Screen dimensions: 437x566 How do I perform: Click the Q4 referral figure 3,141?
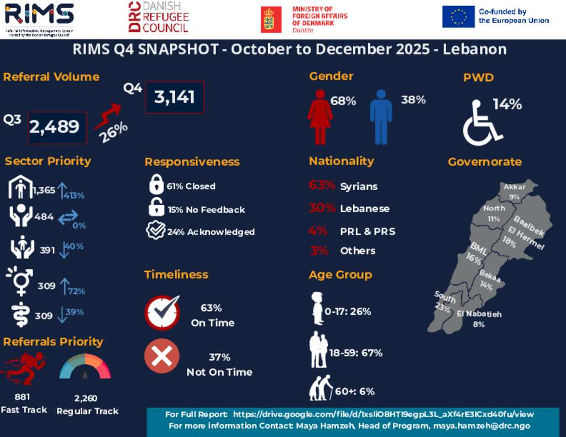click(175, 98)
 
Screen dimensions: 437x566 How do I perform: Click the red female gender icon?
click(319, 117)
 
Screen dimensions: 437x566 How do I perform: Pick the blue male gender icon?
click(381, 117)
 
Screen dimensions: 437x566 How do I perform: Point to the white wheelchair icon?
click(481, 123)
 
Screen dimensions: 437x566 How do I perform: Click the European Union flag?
click(458, 17)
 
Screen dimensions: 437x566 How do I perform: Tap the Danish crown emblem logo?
click(269, 19)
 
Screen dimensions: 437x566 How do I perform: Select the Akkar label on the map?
click(515, 187)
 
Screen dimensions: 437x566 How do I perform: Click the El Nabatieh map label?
click(479, 314)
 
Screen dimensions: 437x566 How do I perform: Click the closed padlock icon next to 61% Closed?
click(156, 185)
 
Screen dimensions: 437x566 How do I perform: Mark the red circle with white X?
click(161, 356)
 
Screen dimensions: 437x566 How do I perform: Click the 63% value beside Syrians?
click(322, 186)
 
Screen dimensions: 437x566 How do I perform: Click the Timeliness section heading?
click(176, 275)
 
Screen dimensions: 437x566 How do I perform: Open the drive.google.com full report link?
click(383, 414)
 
